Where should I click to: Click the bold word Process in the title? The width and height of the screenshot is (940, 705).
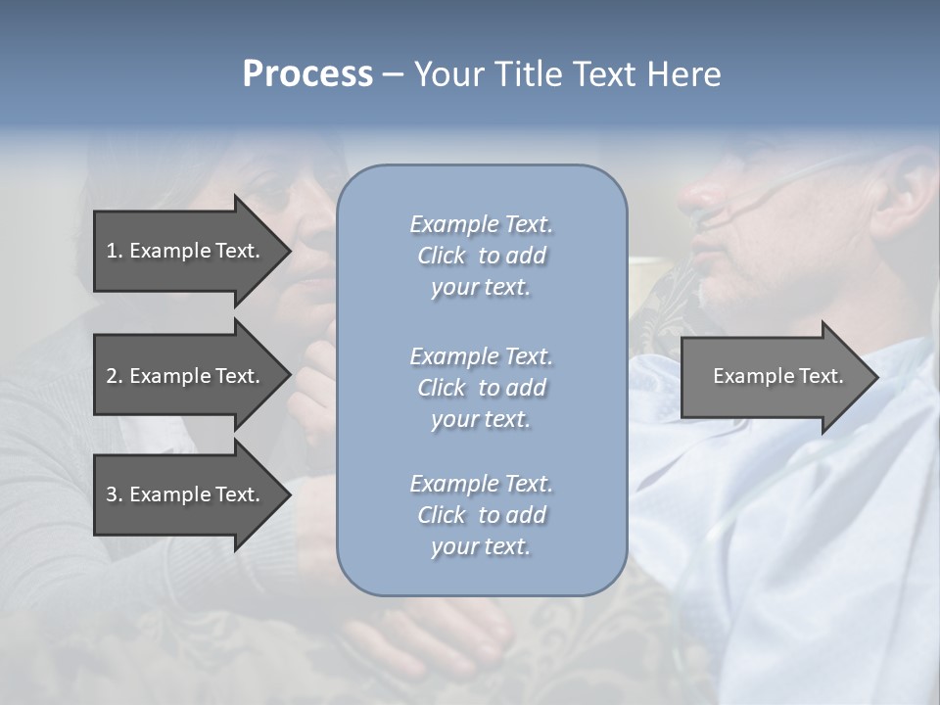tap(307, 74)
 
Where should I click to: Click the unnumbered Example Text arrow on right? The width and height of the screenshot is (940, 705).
tap(777, 376)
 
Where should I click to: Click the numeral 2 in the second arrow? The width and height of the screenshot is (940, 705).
tap(112, 376)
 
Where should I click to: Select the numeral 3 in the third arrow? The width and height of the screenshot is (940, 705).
tap(112, 494)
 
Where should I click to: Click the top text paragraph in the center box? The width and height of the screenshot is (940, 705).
tap(481, 256)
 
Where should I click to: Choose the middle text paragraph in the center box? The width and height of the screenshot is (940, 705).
tap(481, 387)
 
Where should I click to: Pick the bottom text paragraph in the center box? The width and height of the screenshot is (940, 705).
tap(481, 515)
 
